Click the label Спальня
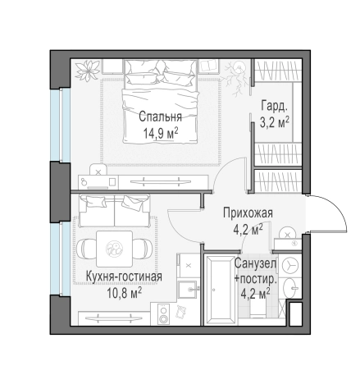160,117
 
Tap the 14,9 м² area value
161,134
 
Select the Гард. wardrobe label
275,106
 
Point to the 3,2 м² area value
275,122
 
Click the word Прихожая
248,213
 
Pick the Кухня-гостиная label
124,277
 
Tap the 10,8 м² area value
125,293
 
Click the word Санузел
256,263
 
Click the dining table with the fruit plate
115,249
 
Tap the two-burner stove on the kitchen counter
164,313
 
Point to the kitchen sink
188,290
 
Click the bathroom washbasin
290,288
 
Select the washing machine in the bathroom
289,265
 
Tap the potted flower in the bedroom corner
88,70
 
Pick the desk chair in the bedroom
98,170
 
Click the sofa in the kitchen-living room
114,211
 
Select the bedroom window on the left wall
61,125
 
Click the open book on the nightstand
208,66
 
